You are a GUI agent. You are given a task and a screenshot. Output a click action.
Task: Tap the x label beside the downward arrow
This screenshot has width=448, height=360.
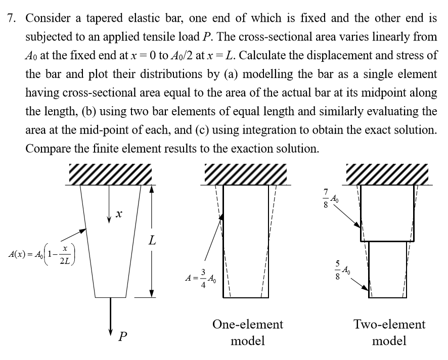click(118, 215)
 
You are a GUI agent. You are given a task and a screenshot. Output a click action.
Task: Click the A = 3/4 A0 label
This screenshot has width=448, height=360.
click(201, 278)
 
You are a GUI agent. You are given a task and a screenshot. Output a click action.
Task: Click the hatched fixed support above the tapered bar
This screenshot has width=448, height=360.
click(110, 174)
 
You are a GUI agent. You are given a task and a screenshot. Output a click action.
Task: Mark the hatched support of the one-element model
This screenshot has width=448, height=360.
click(246, 174)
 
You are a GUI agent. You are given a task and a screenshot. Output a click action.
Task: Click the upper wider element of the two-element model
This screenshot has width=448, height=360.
click(387, 212)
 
